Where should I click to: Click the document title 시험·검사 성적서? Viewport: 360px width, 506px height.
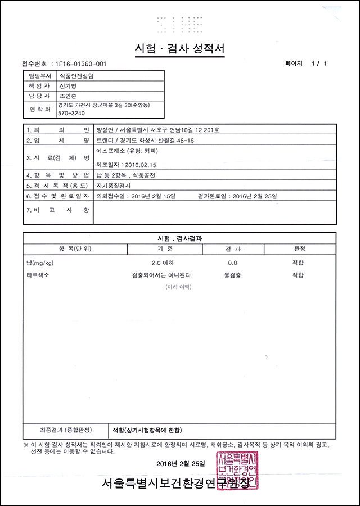click(x=180, y=48)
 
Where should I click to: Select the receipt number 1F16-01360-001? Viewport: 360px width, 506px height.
click(x=78, y=64)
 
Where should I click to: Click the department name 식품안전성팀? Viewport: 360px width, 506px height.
click(x=77, y=76)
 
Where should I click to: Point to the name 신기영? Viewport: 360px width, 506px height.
click(x=67, y=87)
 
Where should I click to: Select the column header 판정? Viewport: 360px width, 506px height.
click(x=299, y=249)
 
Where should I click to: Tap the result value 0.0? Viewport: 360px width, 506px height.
click(x=232, y=263)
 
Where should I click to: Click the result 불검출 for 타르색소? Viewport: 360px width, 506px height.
click(x=233, y=275)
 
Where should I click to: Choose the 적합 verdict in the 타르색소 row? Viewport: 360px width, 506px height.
click(x=298, y=275)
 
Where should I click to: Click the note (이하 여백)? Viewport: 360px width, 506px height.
click(x=178, y=287)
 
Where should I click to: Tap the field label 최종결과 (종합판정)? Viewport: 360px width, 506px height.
click(x=58, y=430)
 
